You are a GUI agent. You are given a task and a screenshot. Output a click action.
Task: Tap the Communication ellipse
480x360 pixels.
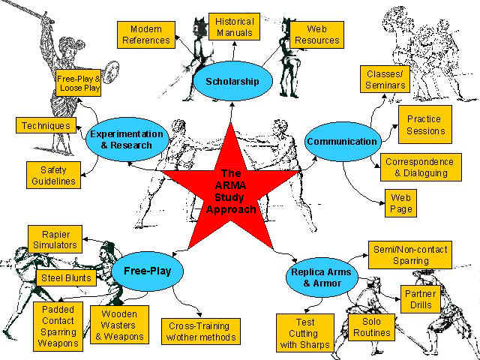click(342, 141)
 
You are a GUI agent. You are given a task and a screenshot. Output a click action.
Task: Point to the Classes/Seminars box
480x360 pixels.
click(386, 79)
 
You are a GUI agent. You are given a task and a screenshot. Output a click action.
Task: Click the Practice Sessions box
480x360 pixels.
click(424, 124)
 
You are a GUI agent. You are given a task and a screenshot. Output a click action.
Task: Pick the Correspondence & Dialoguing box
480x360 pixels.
click(419, 167)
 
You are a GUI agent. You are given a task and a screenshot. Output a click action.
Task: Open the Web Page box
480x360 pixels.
click(401, 203)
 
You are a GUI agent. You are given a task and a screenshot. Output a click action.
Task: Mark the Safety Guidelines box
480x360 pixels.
click(52, 175)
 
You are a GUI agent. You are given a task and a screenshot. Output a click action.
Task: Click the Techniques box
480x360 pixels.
click(45, 126)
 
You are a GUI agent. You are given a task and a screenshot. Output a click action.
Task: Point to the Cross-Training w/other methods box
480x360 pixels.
click(200, 331)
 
